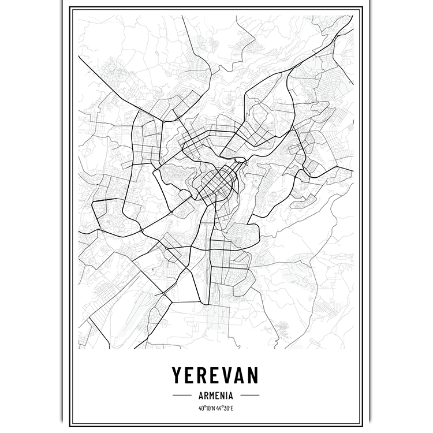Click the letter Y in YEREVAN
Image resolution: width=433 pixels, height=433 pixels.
pyautogui.click(x=177, y=376)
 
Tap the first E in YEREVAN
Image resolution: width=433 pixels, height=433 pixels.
pyautogui.click(x=191, y=376)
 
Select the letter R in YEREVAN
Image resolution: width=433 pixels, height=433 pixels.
pyautogui.click(x=203, y=376)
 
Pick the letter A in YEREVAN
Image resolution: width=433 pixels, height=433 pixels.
pyautogui.click(x=242, y=376)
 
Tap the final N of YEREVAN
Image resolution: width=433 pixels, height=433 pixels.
pyautogui.click(x=256, y=376)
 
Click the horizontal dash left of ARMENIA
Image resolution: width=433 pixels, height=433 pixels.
pyautogui.click(x=182, y=396)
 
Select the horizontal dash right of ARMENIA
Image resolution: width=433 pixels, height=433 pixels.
pyautogui.click(x=250, y=396)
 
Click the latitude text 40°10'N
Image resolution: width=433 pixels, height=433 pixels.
pyautogui.click(x=206, y=409)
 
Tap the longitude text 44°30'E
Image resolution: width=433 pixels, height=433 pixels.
pyautogui.click(x=226, y=409)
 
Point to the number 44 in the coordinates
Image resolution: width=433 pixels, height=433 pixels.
pyautogui.click(x=220, y=409)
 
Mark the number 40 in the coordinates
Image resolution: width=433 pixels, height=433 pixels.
pyautogui.click(x=200, y=409)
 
